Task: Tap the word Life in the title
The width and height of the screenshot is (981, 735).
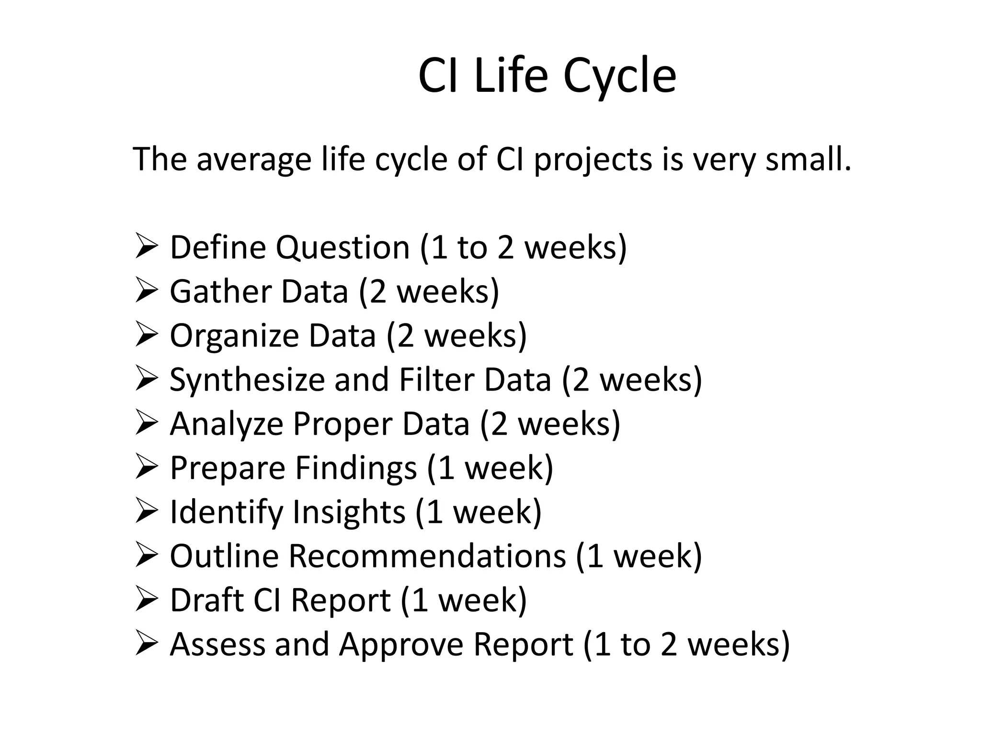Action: [x=510, y=76]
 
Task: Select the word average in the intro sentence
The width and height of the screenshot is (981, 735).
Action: [x=254, y=159]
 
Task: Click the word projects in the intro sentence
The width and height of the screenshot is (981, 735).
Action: [x=593, y=160]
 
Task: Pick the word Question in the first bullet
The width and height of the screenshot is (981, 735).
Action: [x=342, y=248]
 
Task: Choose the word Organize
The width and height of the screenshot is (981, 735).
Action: [x=235, y=336]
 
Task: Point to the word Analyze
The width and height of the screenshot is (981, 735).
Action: [x=227, y=424]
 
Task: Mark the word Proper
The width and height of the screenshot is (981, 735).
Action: [x=343, y=424]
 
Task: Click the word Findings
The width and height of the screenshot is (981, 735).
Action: [x=356, y=468]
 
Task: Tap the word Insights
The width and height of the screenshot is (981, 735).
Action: [x=349, y=512]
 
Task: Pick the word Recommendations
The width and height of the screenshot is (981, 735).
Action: [x=427, y=556]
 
